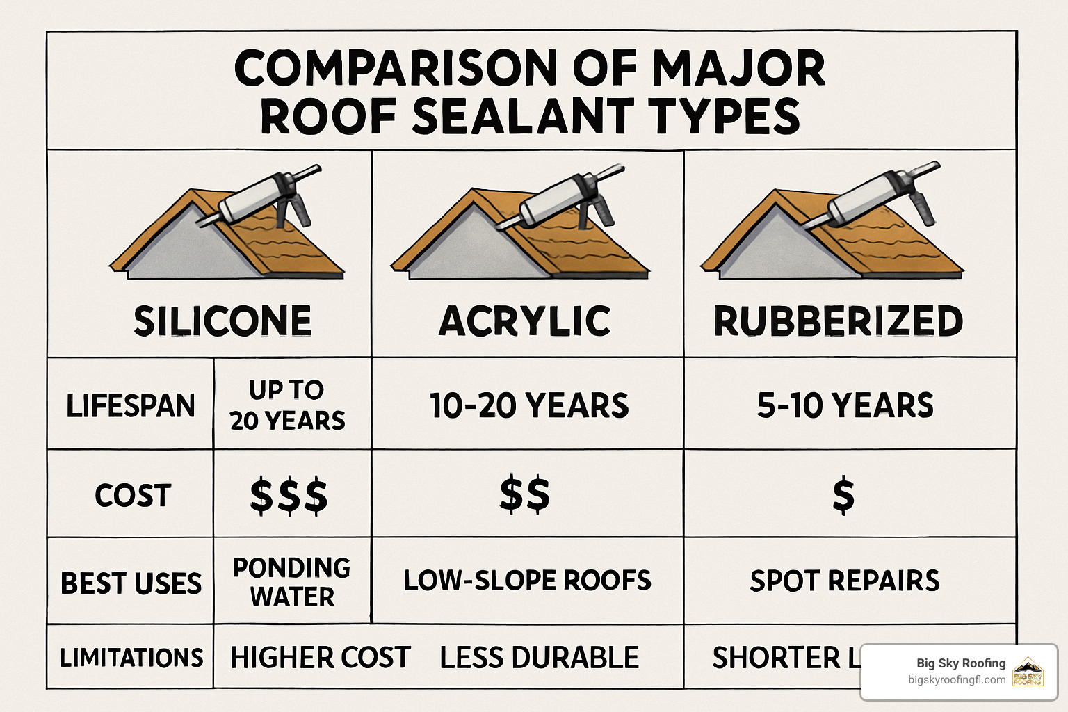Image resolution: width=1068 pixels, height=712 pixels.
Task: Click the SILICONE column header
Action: [x=222, y=321]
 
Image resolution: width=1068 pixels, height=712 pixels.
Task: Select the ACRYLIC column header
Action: [x=525, y=321]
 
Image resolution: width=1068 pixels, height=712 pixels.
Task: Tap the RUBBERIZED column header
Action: [x=839, y=321]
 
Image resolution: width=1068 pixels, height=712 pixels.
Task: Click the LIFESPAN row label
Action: [x=131, y=405]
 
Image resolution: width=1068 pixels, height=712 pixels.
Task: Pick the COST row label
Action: [x=133, y=495]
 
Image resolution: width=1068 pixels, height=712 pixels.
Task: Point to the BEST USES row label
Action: [x=131, y=583]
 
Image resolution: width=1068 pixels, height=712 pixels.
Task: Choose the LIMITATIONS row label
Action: [x=131, y=657]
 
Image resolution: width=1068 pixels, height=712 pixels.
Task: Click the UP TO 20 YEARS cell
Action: [x=287, y=405]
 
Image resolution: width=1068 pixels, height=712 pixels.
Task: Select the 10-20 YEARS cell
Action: [x=529, y=405]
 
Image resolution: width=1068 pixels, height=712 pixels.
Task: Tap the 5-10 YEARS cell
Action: [x=845, y=405]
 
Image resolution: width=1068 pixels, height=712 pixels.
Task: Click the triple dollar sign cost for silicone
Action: [x=289, y=496]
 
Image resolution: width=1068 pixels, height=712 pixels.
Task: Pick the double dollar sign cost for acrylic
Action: [x=525, y=494]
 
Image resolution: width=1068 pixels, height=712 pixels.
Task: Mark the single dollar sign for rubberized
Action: [x=843, y=496]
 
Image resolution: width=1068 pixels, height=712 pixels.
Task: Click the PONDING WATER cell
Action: [x=291, y=582]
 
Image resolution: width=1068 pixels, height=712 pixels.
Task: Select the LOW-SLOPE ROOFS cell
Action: [x=527, y=581]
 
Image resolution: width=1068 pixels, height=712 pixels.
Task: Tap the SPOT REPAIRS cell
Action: [x=845, y=581]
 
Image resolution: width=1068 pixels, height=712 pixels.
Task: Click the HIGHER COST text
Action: [x=321, y=657]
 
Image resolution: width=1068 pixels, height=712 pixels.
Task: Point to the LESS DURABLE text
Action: [x=540, y=657]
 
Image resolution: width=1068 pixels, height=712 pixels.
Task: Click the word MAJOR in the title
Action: [x=738, y=68]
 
